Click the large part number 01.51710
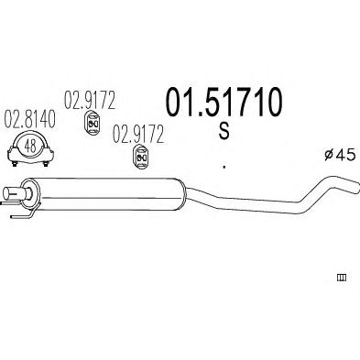pyautogui.click(x=224, y=102)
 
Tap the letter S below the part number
pyautogui.click(x=224, y=131)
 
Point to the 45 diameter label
pyautogui.click(x=345, y=155)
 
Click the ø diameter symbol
pyautogui.click(x=328, y=155)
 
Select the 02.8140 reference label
pyautogui.click(x=29, y=119)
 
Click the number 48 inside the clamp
pyautogui.click(x=30, y=146)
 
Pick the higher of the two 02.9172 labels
pyautogui.click(x=90, y=100)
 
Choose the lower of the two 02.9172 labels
pyautogui.click(x=138, y=135)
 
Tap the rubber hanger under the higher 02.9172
pyautogui.click(x=93, y=124)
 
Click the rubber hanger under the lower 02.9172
pyautogui.click(x=141, y=158)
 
